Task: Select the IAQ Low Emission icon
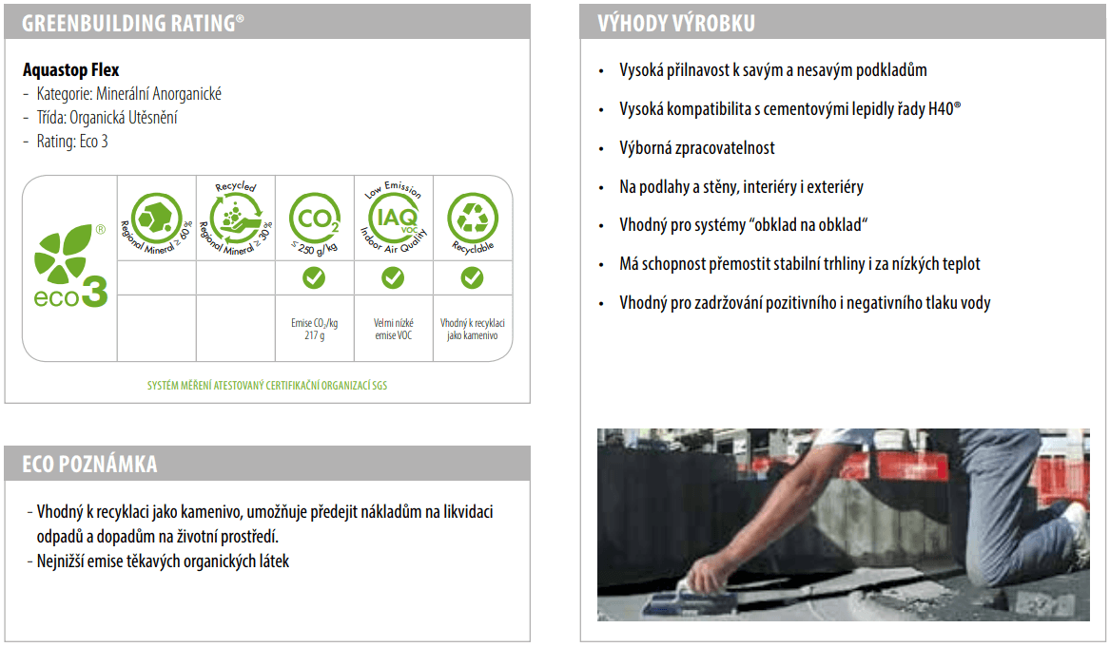coord(394,218)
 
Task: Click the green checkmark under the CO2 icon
coord(314,277)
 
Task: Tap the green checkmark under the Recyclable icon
coord(472,277)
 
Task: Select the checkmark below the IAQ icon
coord(393,277)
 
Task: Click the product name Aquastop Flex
coord(70,70)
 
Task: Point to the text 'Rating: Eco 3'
coord(72,142)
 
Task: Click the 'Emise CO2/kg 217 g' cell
coord(314,329)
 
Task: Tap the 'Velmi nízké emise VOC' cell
coord(394,329)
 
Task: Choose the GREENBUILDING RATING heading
coord(133,24)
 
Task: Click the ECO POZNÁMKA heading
coord(90,464)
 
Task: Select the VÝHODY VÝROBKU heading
coord(676,24)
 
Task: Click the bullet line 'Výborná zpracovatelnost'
coord(696,148)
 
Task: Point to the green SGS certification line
coord(267,386)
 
